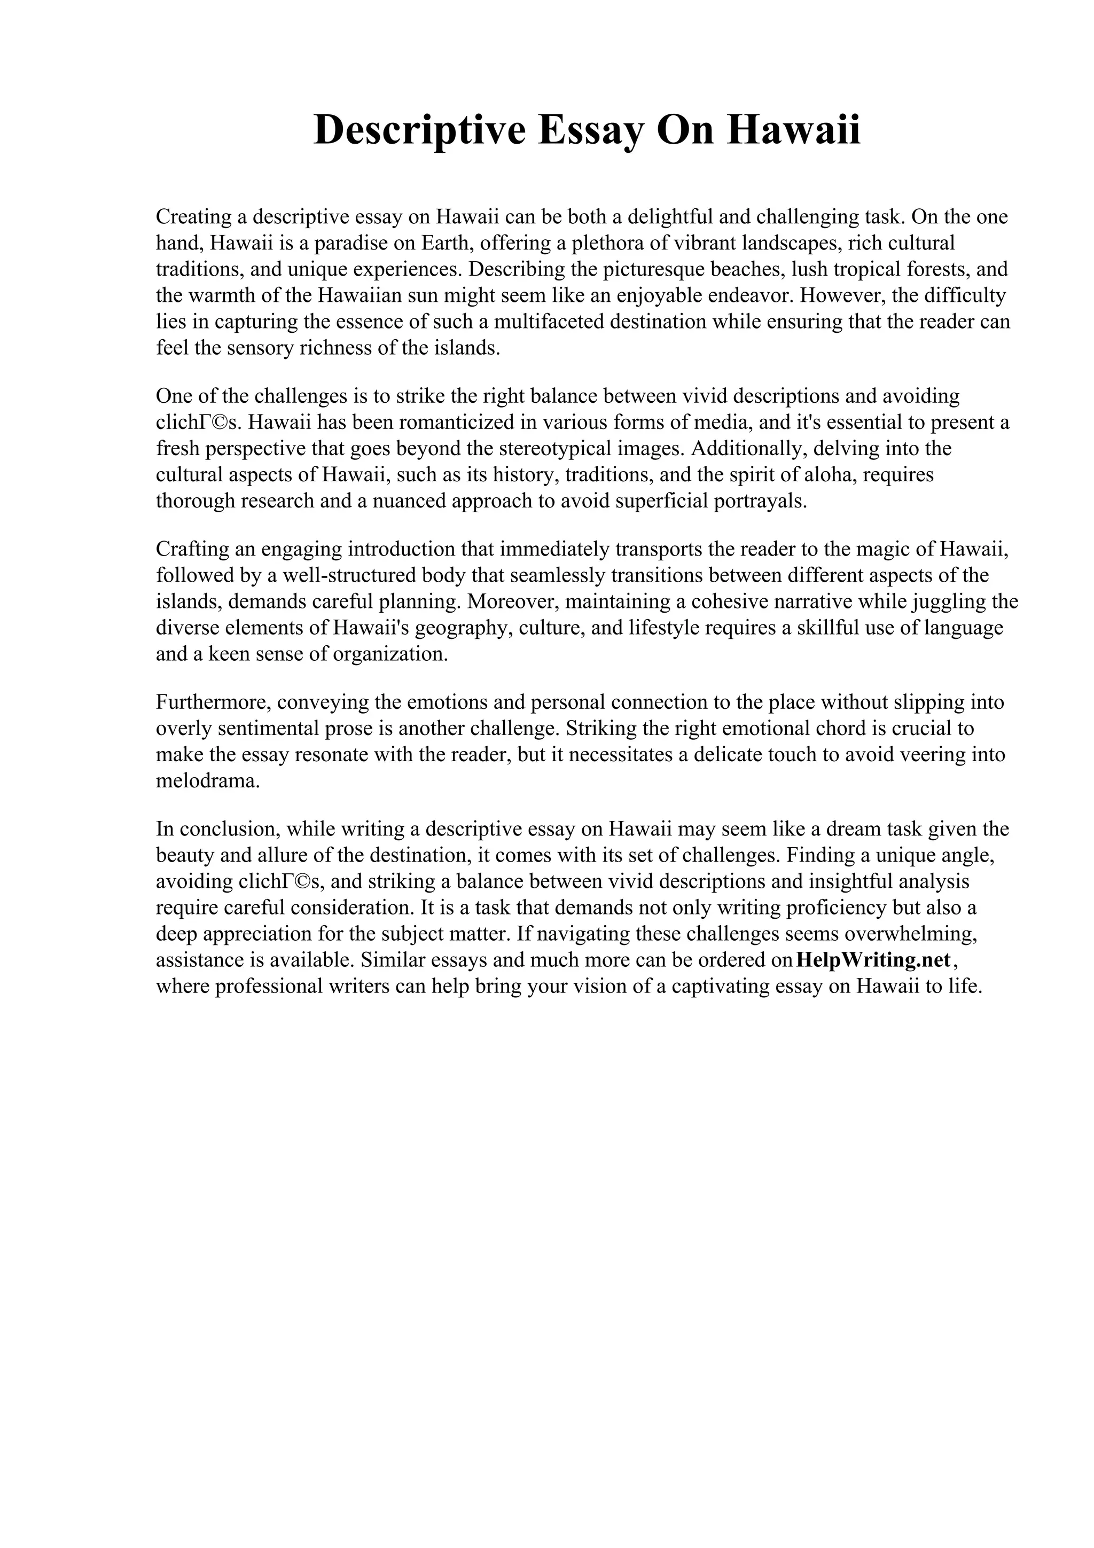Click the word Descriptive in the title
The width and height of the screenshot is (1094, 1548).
419,130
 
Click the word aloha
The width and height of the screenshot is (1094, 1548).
830,475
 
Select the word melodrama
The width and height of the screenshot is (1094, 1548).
207,781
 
